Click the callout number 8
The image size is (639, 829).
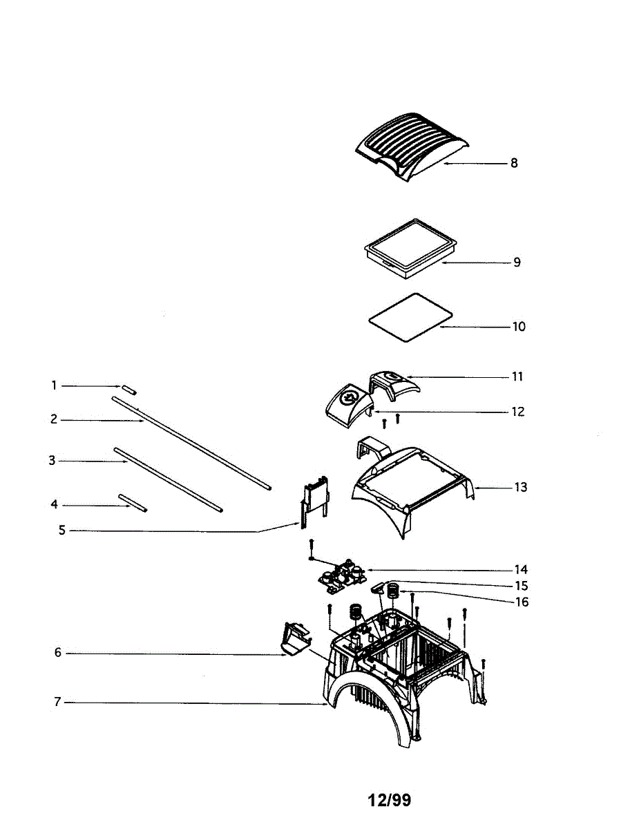click(514, 164)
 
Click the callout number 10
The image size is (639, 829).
click(518, 326)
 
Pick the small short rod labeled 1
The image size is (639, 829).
click(131, 390)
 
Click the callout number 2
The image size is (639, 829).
click(54, 419)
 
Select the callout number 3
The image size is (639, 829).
click(52, 460)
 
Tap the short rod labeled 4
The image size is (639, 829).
click(133, 503)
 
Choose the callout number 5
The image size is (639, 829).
click(61, 531)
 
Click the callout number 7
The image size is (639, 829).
click(57, 703)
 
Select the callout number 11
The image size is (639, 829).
click(517, 377)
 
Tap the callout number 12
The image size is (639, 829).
click(517, 412)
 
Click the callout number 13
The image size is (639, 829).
click(520, 487)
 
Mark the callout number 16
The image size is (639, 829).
click(522, 602)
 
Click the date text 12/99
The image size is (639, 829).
click(389, 800)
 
